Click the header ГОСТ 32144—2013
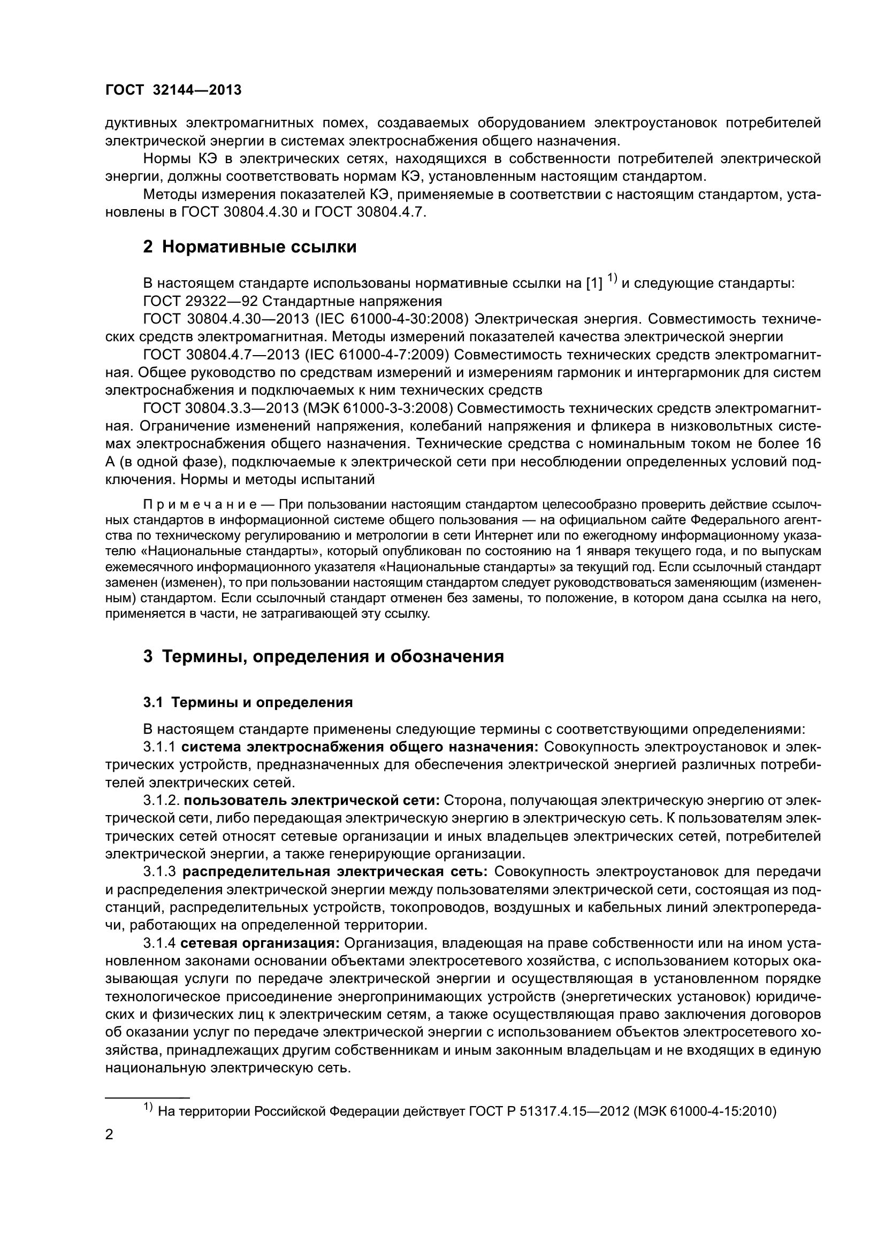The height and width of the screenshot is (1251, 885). [173, 90]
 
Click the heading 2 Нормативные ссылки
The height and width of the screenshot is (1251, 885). [249, 247]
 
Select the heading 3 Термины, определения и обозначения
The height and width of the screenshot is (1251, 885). [323, 657]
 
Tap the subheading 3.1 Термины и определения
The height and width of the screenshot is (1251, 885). [248, 702]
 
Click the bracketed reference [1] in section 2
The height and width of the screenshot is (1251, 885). [593, 284]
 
